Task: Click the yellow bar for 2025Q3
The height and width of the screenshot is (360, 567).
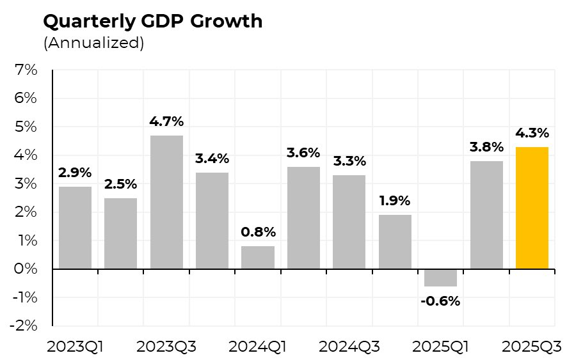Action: click(x=532, y=208)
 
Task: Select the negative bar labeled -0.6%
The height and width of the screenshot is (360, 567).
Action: click(x=440, y=278)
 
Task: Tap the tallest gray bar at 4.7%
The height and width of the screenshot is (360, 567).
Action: click(x=166, y=202)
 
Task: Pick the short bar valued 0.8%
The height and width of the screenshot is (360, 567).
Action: click(x=258, y=258)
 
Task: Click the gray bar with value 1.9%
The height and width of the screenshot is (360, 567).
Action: click(x=395, y=242)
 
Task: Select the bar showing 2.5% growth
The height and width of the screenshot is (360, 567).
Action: click(x=120, y=233)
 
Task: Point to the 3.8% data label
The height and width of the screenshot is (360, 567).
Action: click(x=486, y=147)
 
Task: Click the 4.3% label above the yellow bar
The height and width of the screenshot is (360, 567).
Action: click(x=532, y=133)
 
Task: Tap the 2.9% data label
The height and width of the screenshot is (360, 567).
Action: click(x=75, y=173)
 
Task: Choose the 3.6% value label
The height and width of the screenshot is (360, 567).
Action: click(x=303, y=153)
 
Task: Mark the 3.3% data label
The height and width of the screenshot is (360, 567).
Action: click(x=349, y=161)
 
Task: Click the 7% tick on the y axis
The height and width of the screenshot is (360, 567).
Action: click(x=25, y=70)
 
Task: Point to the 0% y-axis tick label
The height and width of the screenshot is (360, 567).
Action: click(x=25, y=269)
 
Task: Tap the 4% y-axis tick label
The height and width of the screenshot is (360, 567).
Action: click(x=25, y=155)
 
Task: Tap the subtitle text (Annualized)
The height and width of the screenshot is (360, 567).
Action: click(x=93, y=43)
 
